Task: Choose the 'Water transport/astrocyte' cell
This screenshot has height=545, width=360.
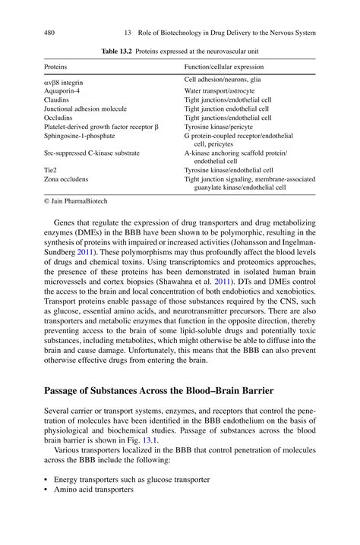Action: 219,90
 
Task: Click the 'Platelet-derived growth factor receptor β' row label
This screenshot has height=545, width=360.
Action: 102,127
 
